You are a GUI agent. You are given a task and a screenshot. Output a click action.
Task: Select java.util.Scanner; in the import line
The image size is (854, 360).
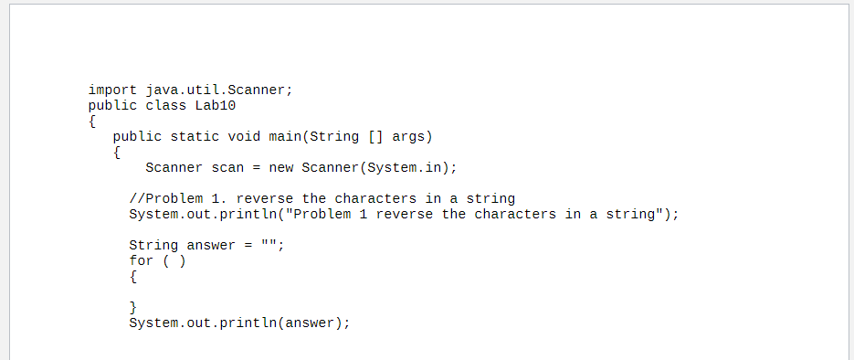point(219,90)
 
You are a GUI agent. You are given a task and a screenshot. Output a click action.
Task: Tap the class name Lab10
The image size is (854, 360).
point(216,105)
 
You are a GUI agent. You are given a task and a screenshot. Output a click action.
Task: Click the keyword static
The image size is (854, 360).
point(195,137)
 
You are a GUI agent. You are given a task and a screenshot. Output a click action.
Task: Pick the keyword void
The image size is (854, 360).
point(244,137)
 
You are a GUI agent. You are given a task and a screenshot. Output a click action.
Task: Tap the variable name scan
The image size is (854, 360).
point(227,168)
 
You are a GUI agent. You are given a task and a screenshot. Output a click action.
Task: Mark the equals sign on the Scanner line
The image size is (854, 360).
point(256,168)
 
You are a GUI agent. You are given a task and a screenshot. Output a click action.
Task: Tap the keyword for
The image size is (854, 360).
point(141,260)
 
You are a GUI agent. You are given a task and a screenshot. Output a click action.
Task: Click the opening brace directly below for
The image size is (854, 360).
point(133,276)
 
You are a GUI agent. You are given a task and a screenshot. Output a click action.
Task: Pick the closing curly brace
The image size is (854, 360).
point(133,307)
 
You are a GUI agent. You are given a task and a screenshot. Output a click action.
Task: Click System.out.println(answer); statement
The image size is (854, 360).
point(239,323)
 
